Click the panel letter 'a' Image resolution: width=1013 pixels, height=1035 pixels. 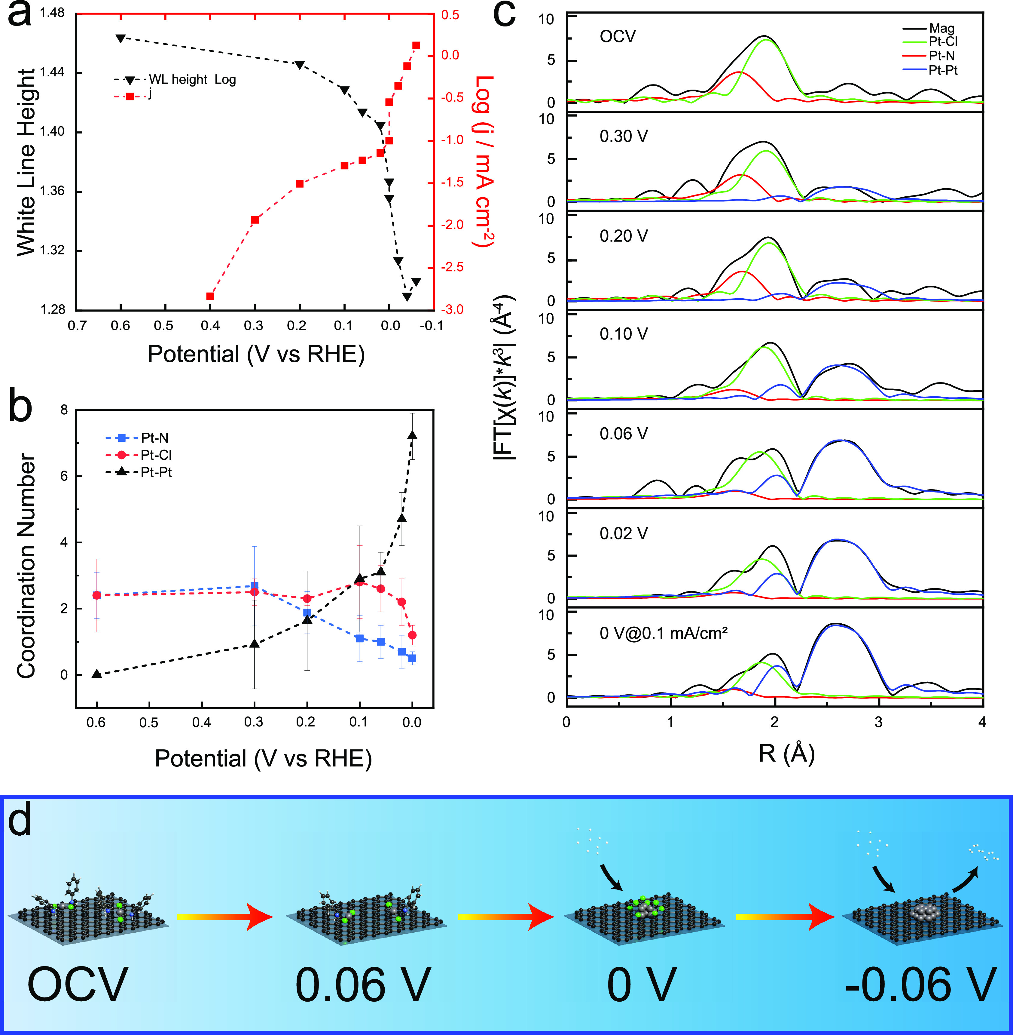click(20, 15)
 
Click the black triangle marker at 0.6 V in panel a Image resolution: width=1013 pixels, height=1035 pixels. click(121, 38)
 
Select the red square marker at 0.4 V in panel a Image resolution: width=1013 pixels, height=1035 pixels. click(210, 296)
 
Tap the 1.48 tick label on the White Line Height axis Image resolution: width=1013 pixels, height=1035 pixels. click(52, 13)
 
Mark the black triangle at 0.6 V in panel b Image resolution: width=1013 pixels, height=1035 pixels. click(96, 674)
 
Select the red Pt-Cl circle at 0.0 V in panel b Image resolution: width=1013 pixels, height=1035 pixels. click(412, 635)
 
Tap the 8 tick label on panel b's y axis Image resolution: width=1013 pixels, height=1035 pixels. click(64, 410)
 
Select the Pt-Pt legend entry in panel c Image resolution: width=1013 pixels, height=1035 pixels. click(943, 70)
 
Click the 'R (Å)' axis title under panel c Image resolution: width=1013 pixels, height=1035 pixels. click(786, 753)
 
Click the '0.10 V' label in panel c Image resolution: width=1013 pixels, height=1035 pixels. click(624, 334)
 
